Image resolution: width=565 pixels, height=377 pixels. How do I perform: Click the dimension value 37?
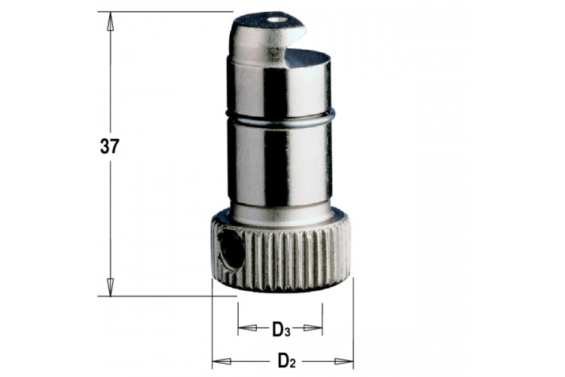(x=109, y=146)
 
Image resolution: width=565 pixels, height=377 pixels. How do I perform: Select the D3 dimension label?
(x=281, y=329)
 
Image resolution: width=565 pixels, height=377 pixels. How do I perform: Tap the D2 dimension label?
(x=286, y=360)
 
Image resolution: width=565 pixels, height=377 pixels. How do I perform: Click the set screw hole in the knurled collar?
(x=231, y=250)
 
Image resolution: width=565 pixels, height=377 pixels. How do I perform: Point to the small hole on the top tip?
(x=277, y=20)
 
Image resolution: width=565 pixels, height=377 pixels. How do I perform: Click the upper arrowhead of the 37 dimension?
(x=110, y=22)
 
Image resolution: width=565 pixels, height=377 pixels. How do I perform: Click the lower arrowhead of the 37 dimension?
(x=110, y=287)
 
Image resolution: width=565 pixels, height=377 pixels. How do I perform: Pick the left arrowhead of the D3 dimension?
(x=248, y=328)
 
